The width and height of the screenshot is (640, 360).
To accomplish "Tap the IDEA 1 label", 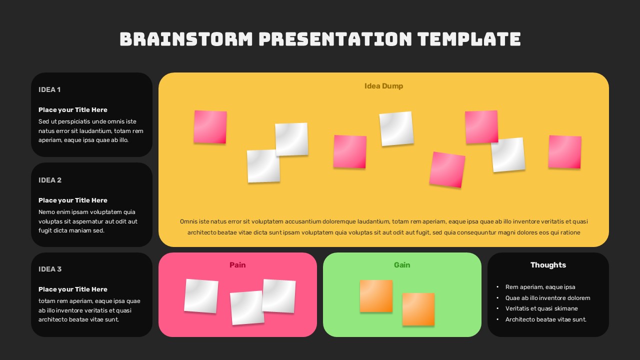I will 49,89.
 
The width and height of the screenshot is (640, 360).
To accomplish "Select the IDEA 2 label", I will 50,180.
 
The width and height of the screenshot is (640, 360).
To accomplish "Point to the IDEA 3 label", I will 50,269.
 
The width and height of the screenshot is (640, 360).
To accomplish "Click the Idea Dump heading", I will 383,86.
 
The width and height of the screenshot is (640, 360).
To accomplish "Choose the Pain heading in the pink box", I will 237,265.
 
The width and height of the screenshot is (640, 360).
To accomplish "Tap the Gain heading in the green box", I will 402,265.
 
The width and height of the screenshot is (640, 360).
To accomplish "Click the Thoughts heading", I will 548,265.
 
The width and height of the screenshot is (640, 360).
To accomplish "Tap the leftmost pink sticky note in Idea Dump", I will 210,127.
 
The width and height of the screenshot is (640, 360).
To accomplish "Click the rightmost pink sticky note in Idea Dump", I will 564,151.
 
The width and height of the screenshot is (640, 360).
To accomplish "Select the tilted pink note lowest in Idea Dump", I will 447,169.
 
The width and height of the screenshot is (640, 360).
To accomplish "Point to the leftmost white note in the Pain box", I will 201,296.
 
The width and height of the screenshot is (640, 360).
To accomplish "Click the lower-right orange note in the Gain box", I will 418,309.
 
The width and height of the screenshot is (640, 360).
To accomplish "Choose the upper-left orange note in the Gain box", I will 376,296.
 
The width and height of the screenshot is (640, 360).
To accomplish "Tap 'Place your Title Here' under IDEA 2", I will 73,200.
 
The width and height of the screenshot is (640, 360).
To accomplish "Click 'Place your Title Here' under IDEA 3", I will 73,289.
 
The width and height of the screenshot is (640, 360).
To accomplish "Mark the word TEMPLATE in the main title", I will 469,39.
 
